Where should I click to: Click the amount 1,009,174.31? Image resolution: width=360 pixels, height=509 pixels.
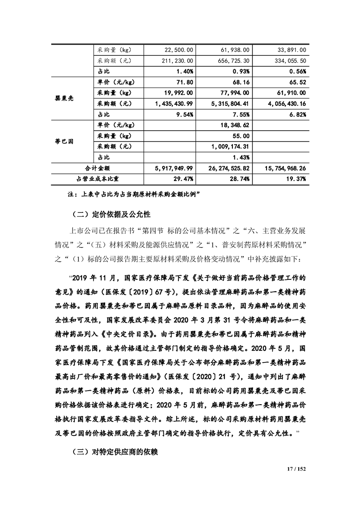click(x=231, y=147)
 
